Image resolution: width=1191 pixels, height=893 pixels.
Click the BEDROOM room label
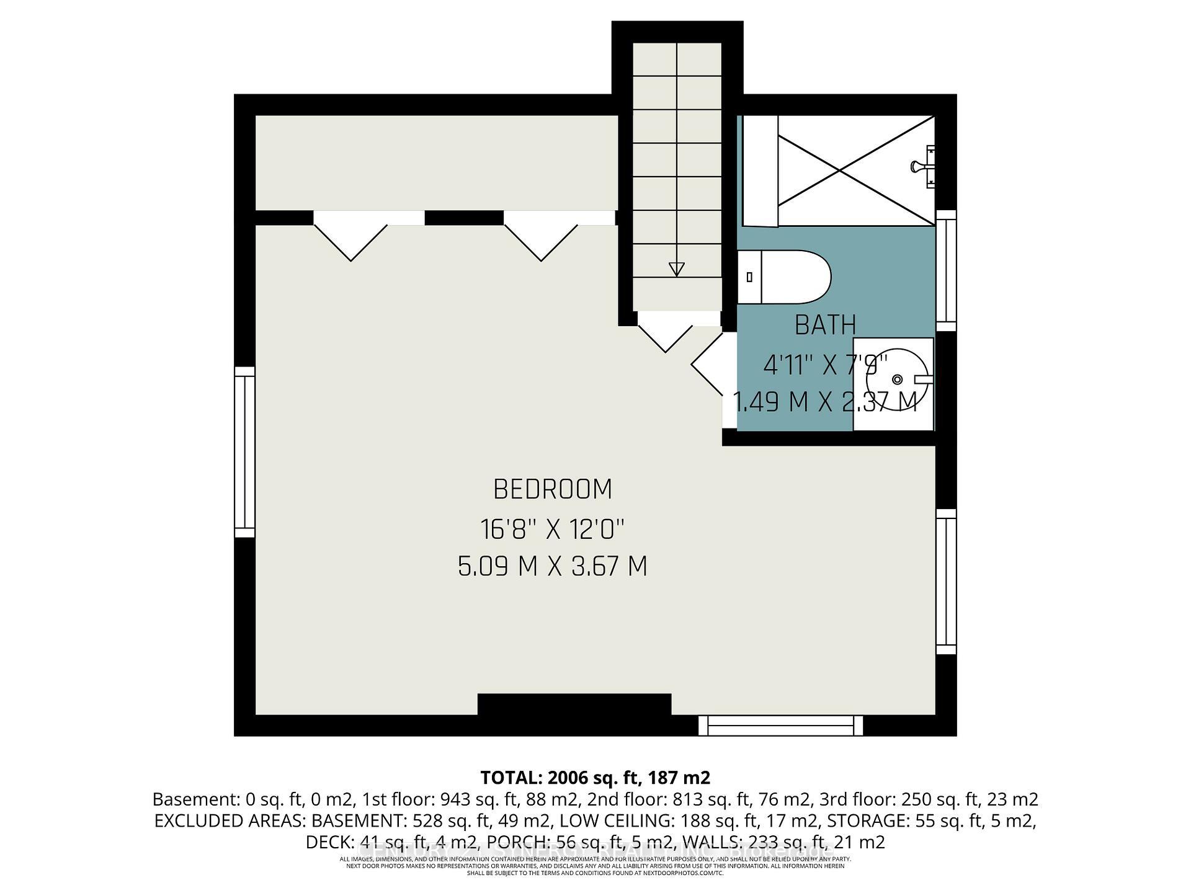(x=553, y=489)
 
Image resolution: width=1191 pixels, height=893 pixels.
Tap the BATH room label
(x=825, y=325)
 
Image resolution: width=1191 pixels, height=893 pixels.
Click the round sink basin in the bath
(x=896, y=379)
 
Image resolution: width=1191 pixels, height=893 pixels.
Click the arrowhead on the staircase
(x=676, y=269)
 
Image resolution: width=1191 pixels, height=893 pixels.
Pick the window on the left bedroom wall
(x=245, y=451)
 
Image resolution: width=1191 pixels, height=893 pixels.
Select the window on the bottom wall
(x=780, y=725)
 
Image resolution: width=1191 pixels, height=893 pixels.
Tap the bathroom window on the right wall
(x=946, y=270)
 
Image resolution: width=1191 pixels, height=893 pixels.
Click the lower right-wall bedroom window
(x=946, y=581)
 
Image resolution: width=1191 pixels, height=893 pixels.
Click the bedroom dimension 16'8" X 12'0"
(x=552, y=529)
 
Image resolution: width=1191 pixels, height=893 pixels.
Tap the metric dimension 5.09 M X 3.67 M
(x=552, y=566)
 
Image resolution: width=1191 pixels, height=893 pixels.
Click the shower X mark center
(x=856, y=171)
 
